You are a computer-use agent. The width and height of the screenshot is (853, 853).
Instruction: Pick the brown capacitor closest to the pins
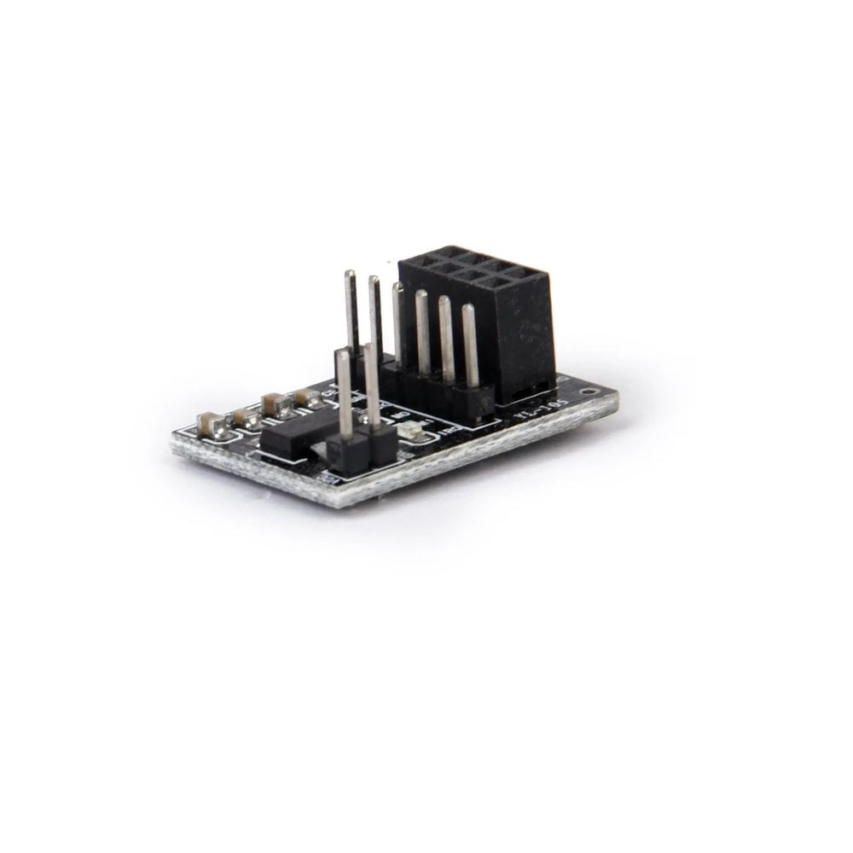[x=305, y=397]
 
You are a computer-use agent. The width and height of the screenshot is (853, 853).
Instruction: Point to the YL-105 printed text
[x=535, y=411]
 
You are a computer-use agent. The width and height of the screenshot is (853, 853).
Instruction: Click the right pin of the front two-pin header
[x=372, y=388]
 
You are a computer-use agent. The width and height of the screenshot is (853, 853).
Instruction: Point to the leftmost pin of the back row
[x=351, y=311]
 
